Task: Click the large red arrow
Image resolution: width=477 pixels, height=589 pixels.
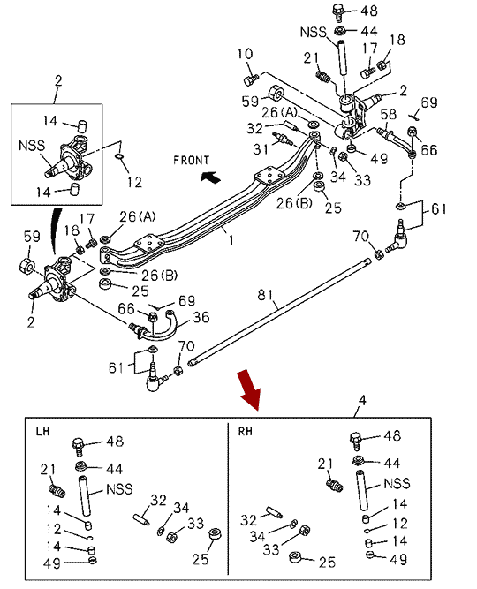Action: (x=249, y=389)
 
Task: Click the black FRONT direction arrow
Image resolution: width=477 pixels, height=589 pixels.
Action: (x=210, y=177)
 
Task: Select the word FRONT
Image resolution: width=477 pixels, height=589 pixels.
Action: (x=191, y=161)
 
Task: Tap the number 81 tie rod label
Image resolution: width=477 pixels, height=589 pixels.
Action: (x=265, y=295)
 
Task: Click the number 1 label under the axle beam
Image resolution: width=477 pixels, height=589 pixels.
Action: (x=231, y=240)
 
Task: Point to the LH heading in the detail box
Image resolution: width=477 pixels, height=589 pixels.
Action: (x=42, y=431)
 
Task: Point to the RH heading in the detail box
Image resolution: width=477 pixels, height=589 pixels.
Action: (x=245, y=431)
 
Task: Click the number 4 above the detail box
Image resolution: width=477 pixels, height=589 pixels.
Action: (x=362, y=400)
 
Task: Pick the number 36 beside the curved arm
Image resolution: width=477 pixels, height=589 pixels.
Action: (x=201, y=317)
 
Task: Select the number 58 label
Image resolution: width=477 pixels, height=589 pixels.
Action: (x=389, y=114)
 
